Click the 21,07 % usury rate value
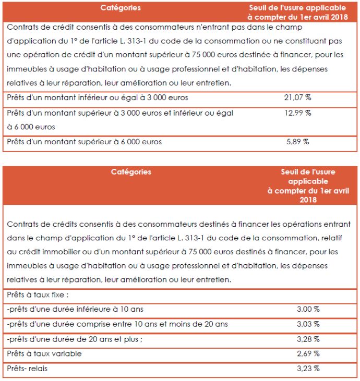pyautogui.click(x=297, y=97)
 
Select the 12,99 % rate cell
pyautogui.click(x=297, y=113)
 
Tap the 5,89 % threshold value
pyautogui.click(x=297, y=141)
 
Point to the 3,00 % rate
pyautogui.click(x=308, y=309)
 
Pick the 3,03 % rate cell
pyautogui.click(x=308, y=324)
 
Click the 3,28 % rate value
pyautogui.click(x=308, y=339)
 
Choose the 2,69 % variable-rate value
pyautogui.click(x=308, y=354)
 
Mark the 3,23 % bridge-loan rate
pyautogui.click(x=308, y=369)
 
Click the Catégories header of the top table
pyautogui.click(x=121, y=8)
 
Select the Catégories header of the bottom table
pyautogui.click(x=131, y=172)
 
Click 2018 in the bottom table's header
pyautogui.click(x=308, y=200)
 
